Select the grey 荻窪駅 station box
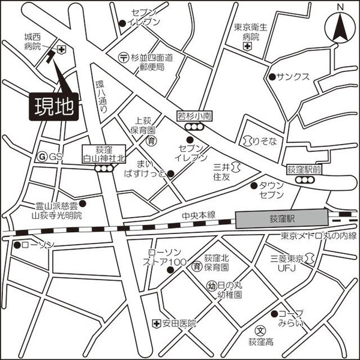283,219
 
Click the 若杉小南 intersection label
194,116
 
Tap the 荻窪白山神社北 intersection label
103,155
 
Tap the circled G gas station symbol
42,156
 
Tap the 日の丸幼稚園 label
229,290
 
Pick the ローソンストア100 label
166,257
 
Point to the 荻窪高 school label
260,341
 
